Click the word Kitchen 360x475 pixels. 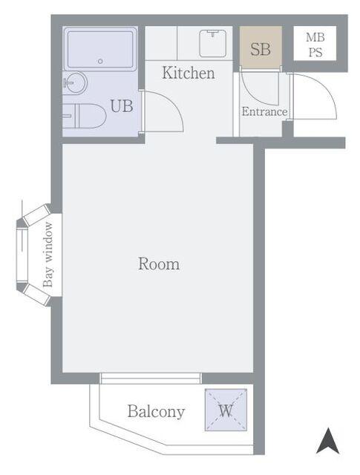(x=189, y=73)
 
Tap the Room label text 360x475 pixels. (x=159, y=263)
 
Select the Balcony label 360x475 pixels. (x=156, y=412)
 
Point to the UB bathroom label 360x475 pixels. (x=122, y=106)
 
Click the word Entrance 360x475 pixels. (x=264, y=111)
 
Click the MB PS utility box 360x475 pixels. (x=315, y=43)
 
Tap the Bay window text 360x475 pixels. (x=48, y=255)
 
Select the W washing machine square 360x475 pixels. (x=226, y=410)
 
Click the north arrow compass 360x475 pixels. (x=327, y=441)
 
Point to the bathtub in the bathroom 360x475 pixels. (x=100, y=49)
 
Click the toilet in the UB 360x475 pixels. (x=84, y=116)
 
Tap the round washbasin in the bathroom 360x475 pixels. (x=75, y=82)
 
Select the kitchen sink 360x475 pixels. (x=213, y=43)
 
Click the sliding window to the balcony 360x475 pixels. (x=151, y=379)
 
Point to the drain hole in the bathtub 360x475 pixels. (x=100, y=61)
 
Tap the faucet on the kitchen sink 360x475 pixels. (x=214, y=33)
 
